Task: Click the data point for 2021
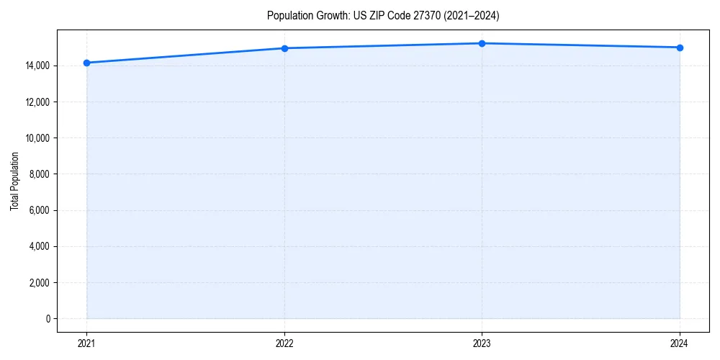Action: (86, 63)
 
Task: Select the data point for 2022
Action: (284, 48)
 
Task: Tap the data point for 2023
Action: (482, 43)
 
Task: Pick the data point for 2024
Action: (680, 48)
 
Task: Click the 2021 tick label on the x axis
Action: (86, 343)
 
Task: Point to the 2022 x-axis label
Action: (284, 343)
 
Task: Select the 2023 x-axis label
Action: (482, 343)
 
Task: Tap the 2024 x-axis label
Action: (680, 343)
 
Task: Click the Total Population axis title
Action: (14, 181)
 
